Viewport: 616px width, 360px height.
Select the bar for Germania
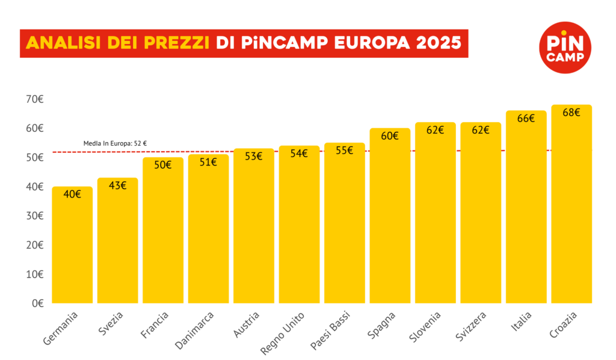(72, 247)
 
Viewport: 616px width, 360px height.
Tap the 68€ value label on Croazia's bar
(571, 113)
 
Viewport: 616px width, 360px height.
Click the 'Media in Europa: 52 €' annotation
(115, 144)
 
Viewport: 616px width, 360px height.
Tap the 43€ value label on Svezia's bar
(117, 185)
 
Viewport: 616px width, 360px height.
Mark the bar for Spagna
(390, 217)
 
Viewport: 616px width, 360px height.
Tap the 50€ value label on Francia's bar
(163, 165)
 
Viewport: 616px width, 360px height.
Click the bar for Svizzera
(481, 214)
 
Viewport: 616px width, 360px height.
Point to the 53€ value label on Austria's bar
(253, 157)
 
